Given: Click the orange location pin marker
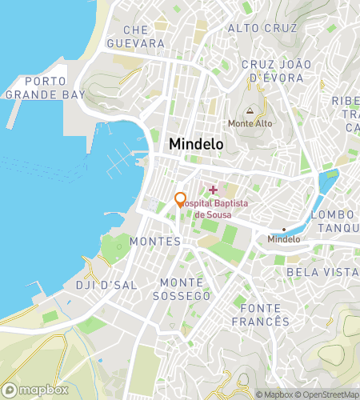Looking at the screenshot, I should (x=181, y=200).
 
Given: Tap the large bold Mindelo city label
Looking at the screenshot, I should (x=196, y=144).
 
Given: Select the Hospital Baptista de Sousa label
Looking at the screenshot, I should (x=213, y=210).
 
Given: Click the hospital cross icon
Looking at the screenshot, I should (x=213, y=190).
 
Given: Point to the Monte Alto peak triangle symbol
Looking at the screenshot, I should (x=250, y=111).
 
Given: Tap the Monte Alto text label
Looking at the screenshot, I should (x=250, y=124).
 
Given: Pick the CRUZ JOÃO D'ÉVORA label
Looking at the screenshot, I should (x=272, y=70).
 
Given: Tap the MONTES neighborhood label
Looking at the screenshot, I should (x=154, y=241).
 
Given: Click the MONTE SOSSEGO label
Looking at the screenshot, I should (x=186, y=289).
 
